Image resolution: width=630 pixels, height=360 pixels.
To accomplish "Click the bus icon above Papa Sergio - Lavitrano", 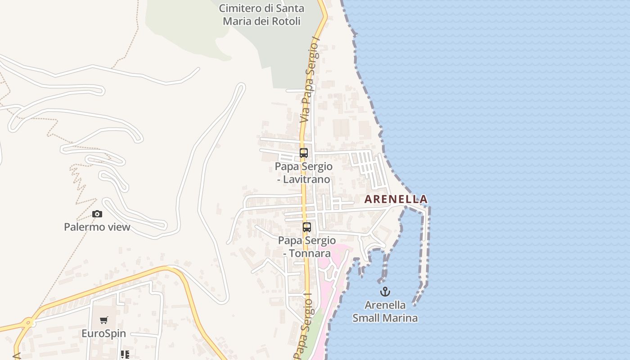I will click(304, 153).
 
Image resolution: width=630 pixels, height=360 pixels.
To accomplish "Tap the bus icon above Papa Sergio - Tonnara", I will click(307, 227).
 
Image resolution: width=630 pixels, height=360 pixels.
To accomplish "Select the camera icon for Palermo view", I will click(97, 214).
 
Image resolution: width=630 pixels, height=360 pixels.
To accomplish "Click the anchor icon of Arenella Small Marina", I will click(385, 292).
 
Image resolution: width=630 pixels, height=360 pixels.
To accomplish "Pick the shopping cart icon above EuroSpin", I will click(104, 320).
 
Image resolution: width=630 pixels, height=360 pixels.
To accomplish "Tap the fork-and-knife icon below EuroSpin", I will click(125, 355).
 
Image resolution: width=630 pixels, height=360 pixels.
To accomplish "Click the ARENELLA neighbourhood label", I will click(396, 199).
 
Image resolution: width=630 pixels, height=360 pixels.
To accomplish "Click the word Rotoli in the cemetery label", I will click(283, 21).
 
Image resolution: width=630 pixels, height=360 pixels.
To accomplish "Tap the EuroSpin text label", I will click(103, 333).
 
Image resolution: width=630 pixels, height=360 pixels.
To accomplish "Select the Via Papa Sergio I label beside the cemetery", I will click(310, 81).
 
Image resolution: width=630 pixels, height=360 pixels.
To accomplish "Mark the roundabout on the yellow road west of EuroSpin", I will click(29, 322).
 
